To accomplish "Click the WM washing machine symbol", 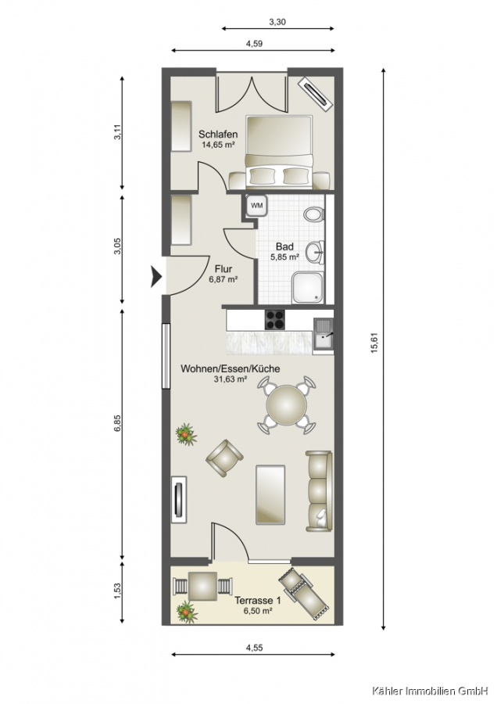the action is point(256,206).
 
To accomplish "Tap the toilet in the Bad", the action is point(313,214).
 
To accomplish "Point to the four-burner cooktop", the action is point(275,320).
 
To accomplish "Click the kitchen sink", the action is point(323,333).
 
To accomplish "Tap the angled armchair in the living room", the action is point(224,458).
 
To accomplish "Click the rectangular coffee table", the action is point(270,494).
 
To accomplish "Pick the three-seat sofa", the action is point(320,490).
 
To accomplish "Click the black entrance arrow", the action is point(156,276).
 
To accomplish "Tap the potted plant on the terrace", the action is point(187,612).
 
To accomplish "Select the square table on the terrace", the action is point(203,587).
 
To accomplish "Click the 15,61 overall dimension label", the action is point(374,342).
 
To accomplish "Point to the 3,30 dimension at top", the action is point(277,21).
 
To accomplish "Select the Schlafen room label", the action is point(218,135).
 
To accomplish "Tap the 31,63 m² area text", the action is point(231,379).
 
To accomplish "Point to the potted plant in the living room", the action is point(186,433).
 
